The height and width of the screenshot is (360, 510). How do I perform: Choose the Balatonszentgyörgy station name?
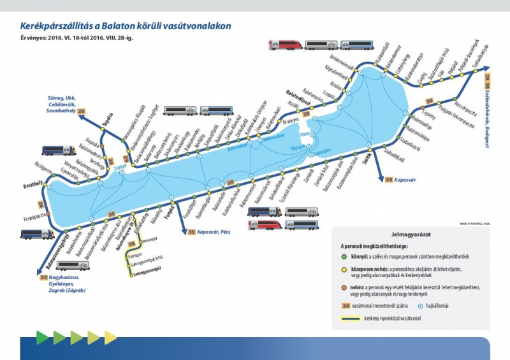[57, 252]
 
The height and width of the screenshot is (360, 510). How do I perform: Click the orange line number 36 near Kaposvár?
[389, 180]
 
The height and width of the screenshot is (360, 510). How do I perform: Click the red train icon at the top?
[284, 45]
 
